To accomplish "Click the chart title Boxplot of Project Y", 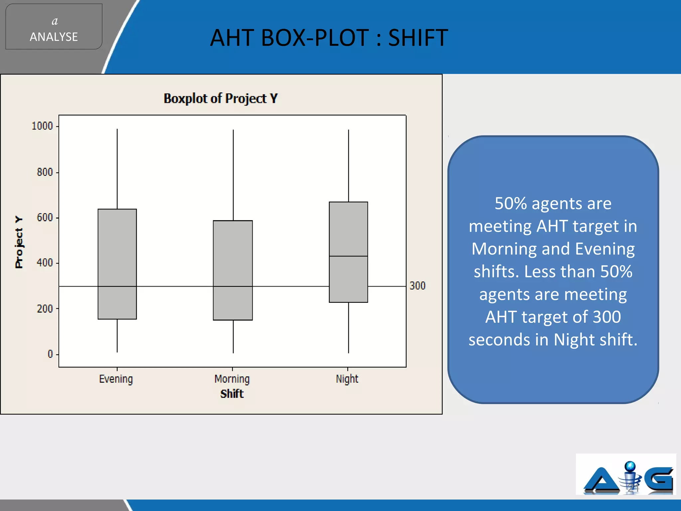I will pos(220,98).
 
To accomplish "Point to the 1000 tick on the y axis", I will pos(42,126).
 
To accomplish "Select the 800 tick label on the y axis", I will pos(45,172).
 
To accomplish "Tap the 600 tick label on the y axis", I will pos(45,218).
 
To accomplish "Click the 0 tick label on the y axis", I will pos(50,354).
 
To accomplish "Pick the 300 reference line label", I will pos(417,286).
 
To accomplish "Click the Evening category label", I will pos(116,379).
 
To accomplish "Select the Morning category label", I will pos(232,379).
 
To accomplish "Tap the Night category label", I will pos(347,379).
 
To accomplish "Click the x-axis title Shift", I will pos(232,394).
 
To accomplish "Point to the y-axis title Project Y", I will pos(19,242).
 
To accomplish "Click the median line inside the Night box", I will pos(348,256).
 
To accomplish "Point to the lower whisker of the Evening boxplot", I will pos(117,335).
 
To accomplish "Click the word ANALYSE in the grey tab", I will pos(54,37).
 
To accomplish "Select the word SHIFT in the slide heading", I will pos(418,38).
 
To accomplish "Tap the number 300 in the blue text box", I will pos(607,317).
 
